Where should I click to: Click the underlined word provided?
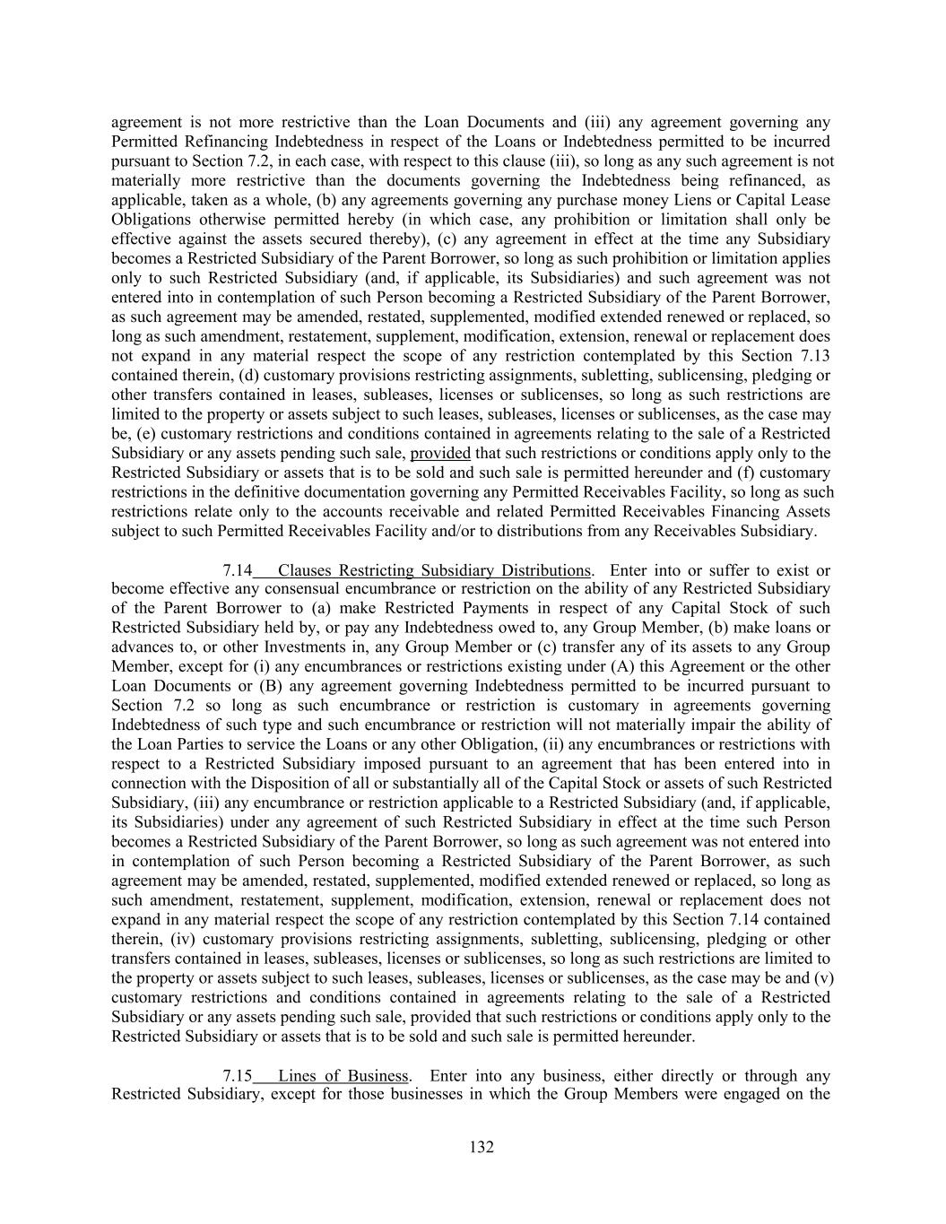[440, 454]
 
